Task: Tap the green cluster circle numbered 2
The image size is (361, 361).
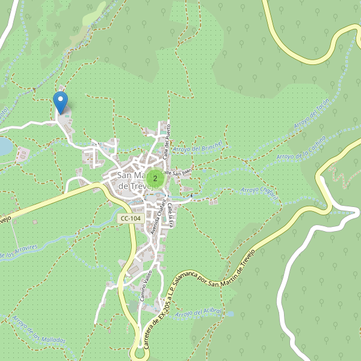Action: [x=155, y=177]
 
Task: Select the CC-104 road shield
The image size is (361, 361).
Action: [x=131, y=219]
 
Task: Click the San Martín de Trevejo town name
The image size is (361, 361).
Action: [x=132, y=181]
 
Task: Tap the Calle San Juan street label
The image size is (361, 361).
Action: [x=179, y=172]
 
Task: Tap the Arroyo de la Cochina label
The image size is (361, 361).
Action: [x=301, y=148]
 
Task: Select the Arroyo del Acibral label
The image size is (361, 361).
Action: [x=200, y=313]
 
